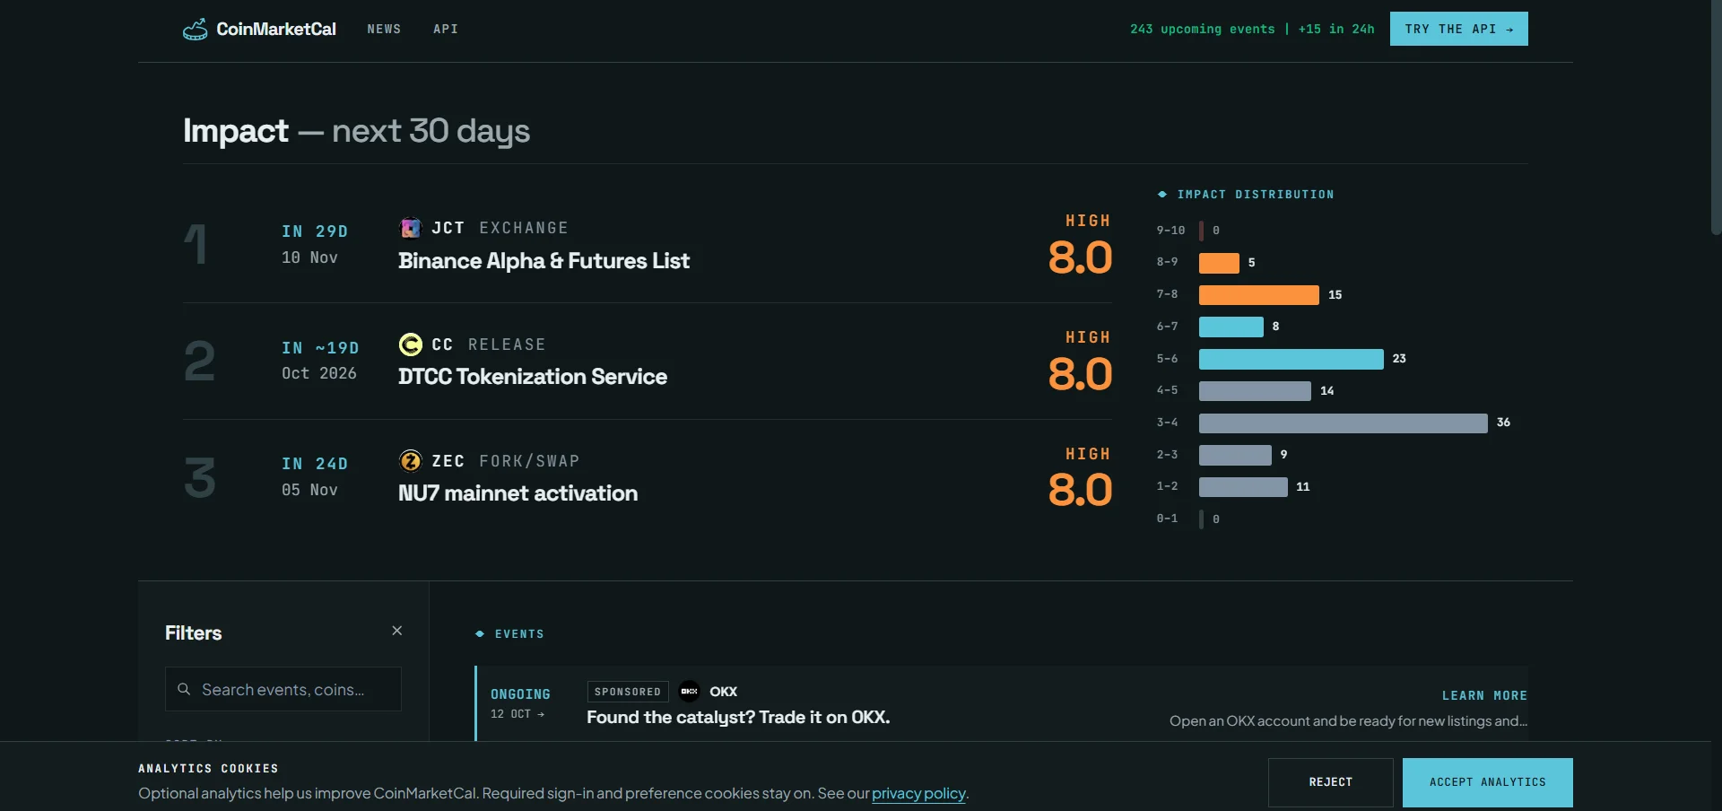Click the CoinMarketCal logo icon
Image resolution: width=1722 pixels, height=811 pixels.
[x=195, y=30]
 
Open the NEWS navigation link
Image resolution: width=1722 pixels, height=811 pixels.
[x=384, y=30]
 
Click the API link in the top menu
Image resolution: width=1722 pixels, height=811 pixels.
[x=446, y=30]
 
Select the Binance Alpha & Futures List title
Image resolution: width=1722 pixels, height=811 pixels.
[x=544, y=261]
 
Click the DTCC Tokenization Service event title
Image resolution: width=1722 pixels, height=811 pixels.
[x=533, y=377]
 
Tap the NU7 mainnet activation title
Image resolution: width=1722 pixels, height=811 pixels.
[x=517, y=493]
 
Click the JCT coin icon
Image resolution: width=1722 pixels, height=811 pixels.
[x=410, y=228]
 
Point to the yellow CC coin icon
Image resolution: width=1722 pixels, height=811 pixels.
[x=410, y=344]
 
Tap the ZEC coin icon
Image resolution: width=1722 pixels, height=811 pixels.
[x=410, y=461]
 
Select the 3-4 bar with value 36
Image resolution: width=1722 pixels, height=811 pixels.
[x=1343, y=423]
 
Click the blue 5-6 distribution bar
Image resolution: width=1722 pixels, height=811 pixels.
[x=1291, y=359]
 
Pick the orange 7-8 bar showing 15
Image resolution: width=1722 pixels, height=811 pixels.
[x=1258, y=295]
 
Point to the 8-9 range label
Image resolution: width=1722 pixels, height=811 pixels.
[x=1167, y=262]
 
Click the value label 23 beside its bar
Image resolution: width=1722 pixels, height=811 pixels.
[x=1399, y=359]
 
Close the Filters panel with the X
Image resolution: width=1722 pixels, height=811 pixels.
[x=397, y=631]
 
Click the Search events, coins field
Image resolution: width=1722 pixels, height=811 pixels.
[x=283, y=689]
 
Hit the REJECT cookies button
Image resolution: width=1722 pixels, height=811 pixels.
[x=1330, y=782]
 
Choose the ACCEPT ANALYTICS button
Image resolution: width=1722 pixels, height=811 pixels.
[x=1487, y=782]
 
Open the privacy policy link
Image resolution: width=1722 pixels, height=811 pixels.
[x=918, y=793]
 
